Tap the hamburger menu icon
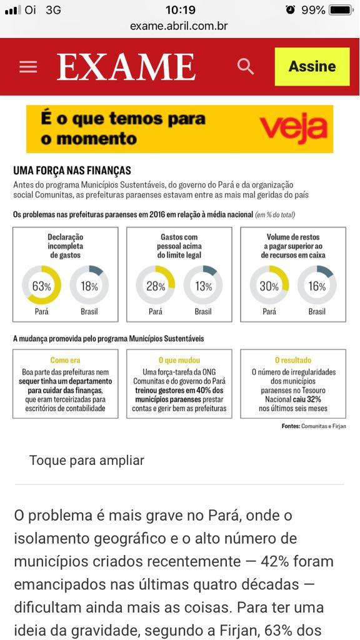[28, 66]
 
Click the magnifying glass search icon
[246, 66]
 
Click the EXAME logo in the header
[126, 67]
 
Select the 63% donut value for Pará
[42, 286]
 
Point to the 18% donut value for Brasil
[89, 286]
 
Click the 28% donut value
[156, 286]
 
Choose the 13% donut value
[203, 286]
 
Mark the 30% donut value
[269, 286]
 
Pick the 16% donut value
[317, 286]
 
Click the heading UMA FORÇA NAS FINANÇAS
[72, 171]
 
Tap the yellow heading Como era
[65, 360]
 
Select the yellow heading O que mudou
[179, 360]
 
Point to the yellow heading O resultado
[293, 360]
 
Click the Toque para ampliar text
[87, 461]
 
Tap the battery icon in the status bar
[341, 10]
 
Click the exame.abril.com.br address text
[179, 26]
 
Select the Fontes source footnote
[314, 426]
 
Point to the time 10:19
[181, 10]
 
